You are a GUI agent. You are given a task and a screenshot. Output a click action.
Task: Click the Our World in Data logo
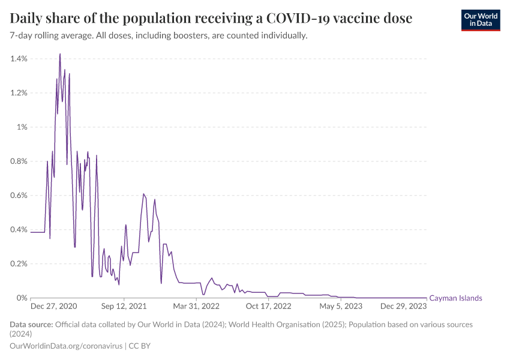pos(480,19)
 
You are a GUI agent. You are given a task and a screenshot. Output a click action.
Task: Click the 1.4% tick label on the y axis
pos(19,59)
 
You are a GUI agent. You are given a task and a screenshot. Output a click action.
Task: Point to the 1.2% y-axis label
pos(19,93)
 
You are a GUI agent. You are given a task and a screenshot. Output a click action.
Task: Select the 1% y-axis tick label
pos(22,127)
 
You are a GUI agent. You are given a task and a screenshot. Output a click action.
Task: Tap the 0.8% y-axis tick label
pos(19,161)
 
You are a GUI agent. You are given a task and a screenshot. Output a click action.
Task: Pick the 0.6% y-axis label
pos(19,196)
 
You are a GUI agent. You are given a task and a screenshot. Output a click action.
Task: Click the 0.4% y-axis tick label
pos(19,230)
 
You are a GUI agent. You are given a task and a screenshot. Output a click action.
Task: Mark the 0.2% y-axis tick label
pos(19,264)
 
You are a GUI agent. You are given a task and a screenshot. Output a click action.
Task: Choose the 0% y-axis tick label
pos(22,298)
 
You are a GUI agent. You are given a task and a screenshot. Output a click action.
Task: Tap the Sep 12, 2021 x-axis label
pos(124,307)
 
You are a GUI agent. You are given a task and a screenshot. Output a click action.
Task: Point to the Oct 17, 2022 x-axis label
pos(268,307)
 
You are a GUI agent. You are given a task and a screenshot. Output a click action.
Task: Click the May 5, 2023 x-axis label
pos(341,307)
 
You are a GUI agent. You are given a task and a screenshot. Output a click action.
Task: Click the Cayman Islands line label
pos(455,298)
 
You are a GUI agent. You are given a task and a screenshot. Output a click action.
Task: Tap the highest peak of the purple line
pos(60,54)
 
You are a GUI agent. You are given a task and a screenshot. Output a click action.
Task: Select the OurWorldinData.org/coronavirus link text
pos(66,346)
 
